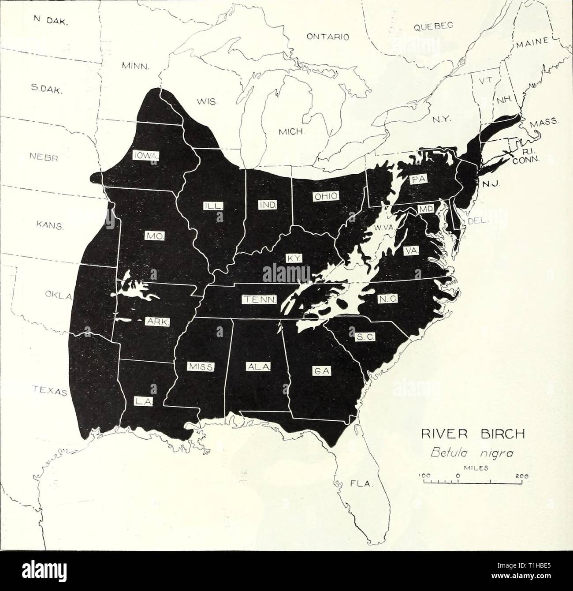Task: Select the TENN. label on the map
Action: coord(260,300)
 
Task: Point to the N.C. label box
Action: coord(388,299)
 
